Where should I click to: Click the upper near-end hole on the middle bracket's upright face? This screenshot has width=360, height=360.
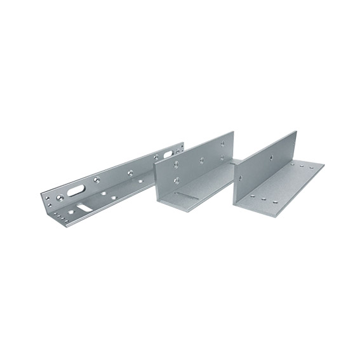[176, 163]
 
